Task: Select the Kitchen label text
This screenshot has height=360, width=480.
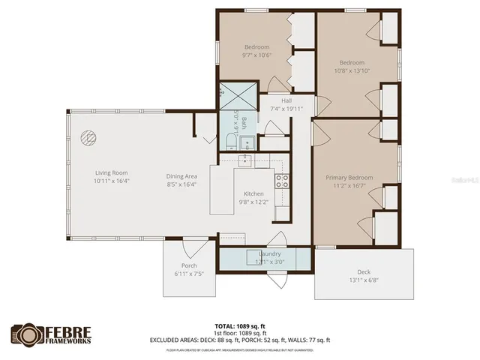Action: point(253,193)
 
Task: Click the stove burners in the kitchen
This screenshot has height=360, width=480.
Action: point(282,180)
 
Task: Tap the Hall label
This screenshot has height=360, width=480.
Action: point(286,100)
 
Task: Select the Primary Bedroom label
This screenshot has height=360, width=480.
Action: point(349,178)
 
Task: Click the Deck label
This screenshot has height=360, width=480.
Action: point(364,272)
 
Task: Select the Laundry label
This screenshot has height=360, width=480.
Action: point(269,253)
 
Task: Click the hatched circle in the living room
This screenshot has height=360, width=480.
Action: point(88,138)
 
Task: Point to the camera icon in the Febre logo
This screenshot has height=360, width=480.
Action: point(27,333)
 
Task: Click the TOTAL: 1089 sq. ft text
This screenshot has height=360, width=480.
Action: point(240,326)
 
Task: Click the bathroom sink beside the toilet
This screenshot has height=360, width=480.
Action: point(254,142)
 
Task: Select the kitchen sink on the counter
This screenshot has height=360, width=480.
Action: point(245,161)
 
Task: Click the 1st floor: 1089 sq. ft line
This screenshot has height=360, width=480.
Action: point(240,333)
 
